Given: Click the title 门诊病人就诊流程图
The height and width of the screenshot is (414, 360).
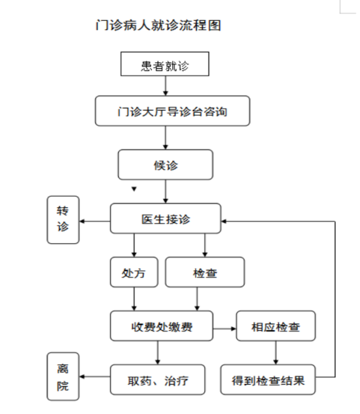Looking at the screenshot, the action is (159, 25).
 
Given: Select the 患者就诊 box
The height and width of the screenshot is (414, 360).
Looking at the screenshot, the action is (165, 64).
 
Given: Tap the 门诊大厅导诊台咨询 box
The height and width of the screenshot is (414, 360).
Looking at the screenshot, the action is (173, 111).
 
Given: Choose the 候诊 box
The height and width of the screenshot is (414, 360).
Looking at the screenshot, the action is (166, 165).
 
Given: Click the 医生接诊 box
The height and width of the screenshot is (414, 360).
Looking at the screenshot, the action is (166, 218).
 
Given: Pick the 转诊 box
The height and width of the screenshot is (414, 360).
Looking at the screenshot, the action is (63, 220).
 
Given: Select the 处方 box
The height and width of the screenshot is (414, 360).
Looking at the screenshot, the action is (134, 272).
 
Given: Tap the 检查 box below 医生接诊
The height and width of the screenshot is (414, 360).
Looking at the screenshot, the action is (205, 272).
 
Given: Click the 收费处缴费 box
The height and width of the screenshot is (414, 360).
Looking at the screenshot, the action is (162, 326).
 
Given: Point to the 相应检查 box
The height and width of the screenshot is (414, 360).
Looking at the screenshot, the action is (276, 326).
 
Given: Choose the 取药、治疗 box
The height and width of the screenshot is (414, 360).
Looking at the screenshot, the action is (157, 380).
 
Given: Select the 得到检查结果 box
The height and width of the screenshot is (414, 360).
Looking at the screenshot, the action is (268, 380).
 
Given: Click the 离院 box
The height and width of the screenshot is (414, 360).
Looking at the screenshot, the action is (63, 376).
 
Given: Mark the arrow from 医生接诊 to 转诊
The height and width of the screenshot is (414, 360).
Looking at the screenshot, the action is (95, 221).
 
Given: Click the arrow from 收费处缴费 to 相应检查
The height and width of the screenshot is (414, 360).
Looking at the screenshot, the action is (225, 329).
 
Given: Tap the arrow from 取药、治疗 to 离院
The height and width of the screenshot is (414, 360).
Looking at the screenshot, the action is (95, 376).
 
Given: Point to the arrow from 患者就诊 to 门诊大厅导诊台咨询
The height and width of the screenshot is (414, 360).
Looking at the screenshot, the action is (166, 86).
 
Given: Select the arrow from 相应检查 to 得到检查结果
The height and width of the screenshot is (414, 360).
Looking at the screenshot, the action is (276, 353).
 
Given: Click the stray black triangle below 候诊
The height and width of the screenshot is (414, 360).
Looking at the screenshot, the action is (134, 189).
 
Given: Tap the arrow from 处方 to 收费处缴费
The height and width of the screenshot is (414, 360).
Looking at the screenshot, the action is (134, 299).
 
